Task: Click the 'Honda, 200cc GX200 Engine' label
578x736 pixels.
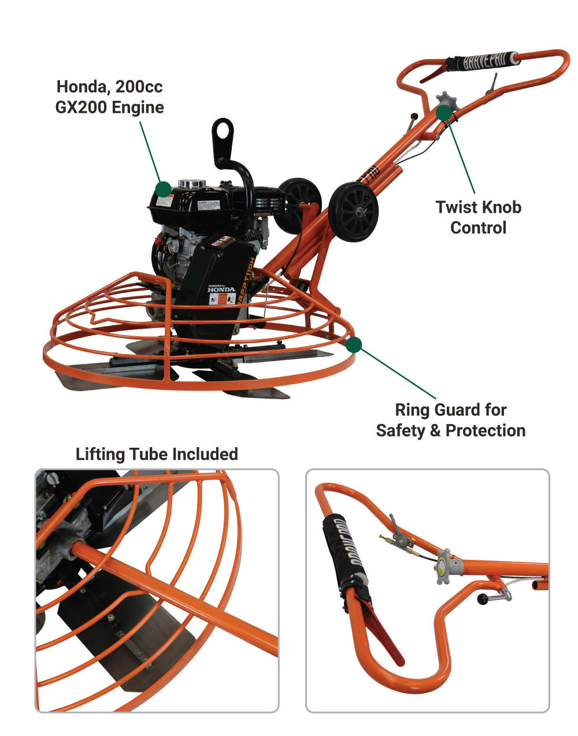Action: click(109, 97)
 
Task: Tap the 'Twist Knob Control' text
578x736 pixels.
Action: click(478, 217)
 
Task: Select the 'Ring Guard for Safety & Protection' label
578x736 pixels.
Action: click(451, 420)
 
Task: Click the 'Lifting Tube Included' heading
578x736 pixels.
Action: click(157, 454)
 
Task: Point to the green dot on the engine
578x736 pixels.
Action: click(164, 189)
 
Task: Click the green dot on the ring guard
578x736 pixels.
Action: click(354, 345)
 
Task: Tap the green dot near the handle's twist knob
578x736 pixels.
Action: click(443, 112)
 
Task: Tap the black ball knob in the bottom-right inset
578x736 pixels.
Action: click(481, 601)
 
